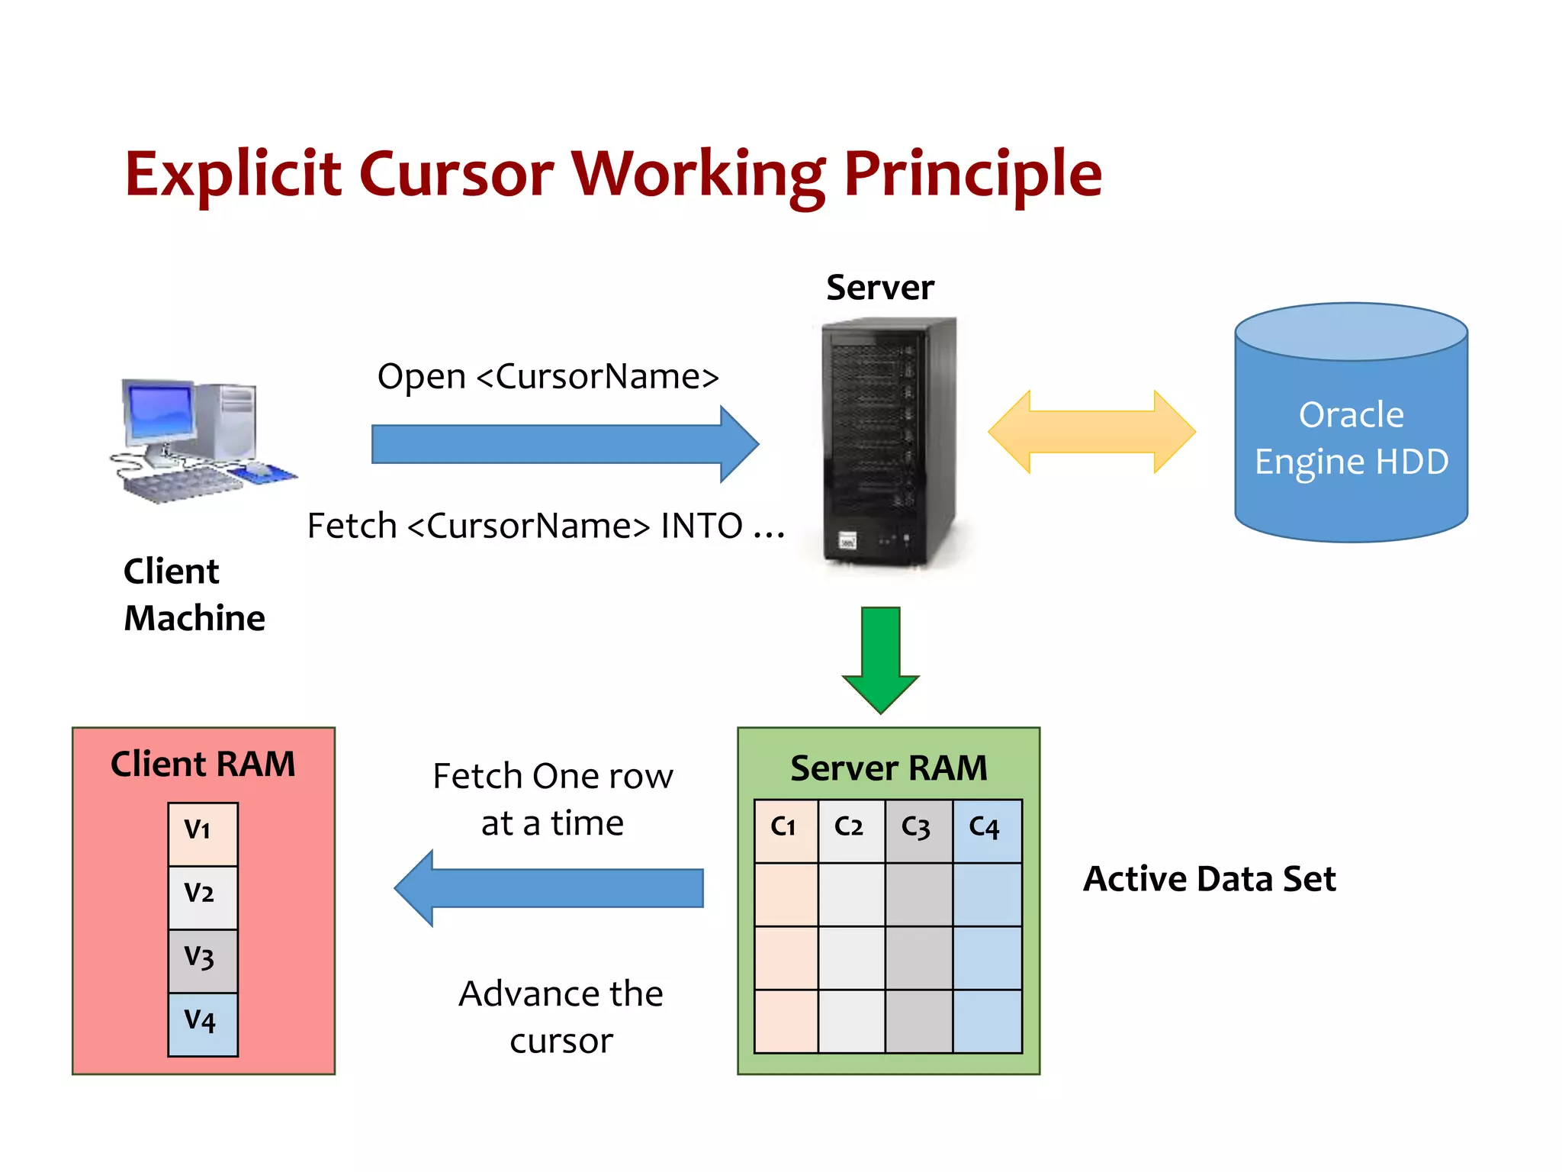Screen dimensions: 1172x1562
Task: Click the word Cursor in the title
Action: pyautogui.click(x=455, y=174)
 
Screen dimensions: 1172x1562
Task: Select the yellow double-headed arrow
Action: pyautogui.click(x=1091, y=432)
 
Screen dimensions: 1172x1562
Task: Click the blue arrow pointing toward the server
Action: pyautogui.click(x=564, y=444)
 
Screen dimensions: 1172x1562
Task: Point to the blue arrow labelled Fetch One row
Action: pyautogui.click(x=548, y=888)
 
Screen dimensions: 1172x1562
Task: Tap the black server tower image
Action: pyautogui.click(x=889, y=443)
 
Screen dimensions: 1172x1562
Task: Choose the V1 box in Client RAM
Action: pyautogui.click(x=202, y=833)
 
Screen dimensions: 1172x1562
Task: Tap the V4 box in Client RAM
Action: pyautogui.click(x=202, y=1023)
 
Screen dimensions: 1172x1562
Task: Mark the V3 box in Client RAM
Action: pyautogui.click(x=202, y=960)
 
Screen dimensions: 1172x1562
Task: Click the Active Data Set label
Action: pyautogui.click(x=1209, y=879)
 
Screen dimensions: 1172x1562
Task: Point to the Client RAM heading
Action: pyautogui.click(x=203, y=764)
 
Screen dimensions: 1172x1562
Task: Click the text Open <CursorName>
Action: pyautogui.click(x=548, y=376)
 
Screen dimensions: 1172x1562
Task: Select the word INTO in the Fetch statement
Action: pyautogui.click(x=701, y=526)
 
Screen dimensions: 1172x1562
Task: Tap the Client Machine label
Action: pyautogui.click(x=194, y=594)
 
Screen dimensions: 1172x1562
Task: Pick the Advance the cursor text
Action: pyautogui.click(x=561, y=1016)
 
